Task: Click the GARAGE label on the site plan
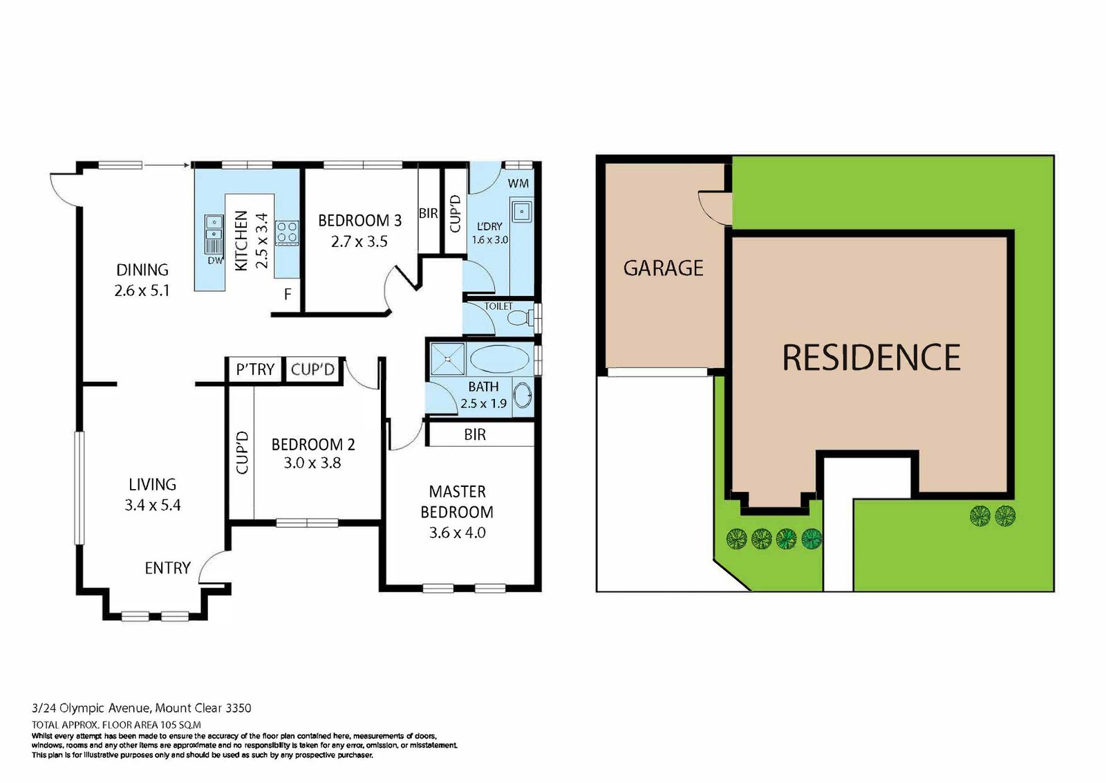(663, 268)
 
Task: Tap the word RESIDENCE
(871, 358)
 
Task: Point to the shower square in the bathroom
(448, 359)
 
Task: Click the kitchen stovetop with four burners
(287, 232)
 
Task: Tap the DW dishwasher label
(215, 261)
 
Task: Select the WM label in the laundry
(518, 183)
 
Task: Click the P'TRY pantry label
(255, 369)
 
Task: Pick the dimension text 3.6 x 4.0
(457, 533)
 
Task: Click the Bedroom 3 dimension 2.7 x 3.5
(359, 241)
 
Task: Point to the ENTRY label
(167, 568)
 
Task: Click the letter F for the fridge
(288, 294)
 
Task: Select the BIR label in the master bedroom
(475, 434)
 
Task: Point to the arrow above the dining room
(167, 165)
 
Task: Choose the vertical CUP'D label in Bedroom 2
(242, 452)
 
